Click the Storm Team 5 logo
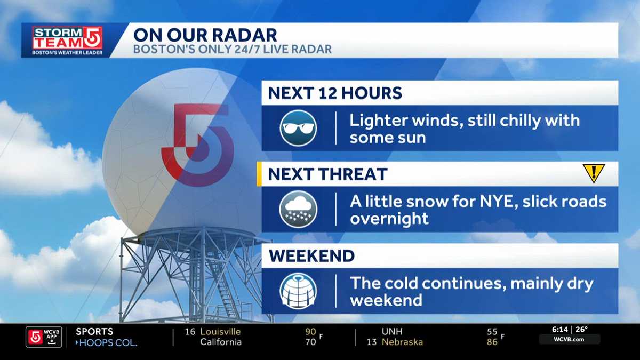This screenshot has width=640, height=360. click(x=67, y=41)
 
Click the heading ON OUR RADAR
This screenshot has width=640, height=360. click(x=205, y=35)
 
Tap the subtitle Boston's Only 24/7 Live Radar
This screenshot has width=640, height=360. click(x=233, y=50)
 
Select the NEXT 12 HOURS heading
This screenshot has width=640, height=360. click(x=335, y=93)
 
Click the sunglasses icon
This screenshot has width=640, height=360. click(x=299, y=128)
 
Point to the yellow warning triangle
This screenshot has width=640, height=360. click(x=593, y=173)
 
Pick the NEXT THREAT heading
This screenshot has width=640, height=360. click(x=327, y=174)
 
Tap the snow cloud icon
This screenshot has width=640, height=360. click(x=299, y=209)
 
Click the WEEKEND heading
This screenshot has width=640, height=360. click(x=311, y=256)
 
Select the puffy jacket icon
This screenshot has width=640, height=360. click(x=299, y=291)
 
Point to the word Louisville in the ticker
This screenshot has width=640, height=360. click(x=220, y=331)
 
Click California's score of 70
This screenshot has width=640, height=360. click(x=310, y=342)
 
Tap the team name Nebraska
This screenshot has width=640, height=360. click(x=402, y=342)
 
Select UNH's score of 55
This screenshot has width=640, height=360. click(x=492, y=331)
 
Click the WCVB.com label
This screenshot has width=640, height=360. click(x=569, y=339)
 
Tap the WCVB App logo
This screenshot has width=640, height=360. click(x=44, y=337)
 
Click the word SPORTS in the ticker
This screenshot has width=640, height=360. click(x=94, y=331)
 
